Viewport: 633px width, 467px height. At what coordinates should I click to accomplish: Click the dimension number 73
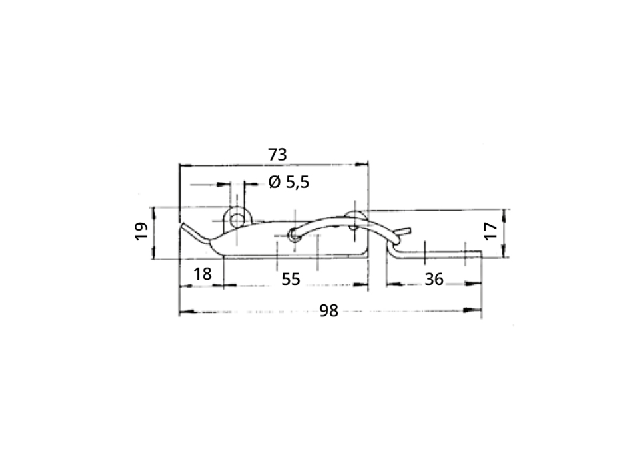(x=277, y=154)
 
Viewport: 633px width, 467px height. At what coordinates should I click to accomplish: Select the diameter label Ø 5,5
(x=289, y=183)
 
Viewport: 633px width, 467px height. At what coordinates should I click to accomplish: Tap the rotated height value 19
(x=141, y=231)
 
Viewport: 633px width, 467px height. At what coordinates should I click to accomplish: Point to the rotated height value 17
(x=490, y=231)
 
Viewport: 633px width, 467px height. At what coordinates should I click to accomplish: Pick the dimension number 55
(x=291, y=279)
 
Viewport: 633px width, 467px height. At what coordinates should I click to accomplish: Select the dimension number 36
(x=434, y=279)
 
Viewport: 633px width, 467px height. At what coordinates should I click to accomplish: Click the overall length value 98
(x=328, y=311)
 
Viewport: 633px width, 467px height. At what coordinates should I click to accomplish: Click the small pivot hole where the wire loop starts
(x=292, y=234)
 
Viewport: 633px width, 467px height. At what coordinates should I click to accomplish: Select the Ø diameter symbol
(x=274, y=183)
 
